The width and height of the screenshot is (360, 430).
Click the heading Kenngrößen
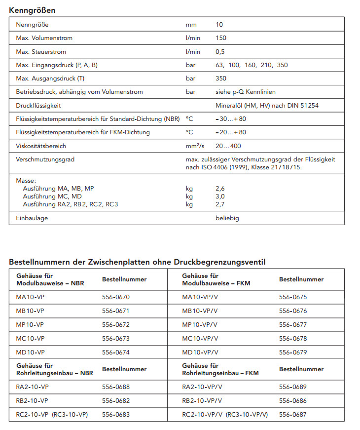(x=32, y=10)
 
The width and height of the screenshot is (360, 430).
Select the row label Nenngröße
(x=33, y=25)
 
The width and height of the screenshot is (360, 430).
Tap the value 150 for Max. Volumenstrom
(x=222, y=38)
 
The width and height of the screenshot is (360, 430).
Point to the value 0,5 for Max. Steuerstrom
(x=221, y=52)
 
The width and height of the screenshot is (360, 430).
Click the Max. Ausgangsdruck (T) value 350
(x=222, y=78)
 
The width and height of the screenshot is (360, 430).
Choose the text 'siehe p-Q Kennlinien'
(x=246, y=92)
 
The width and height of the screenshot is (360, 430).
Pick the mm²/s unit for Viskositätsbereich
(x=195, y=146)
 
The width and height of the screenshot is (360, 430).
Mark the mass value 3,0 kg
(x=220, y=196)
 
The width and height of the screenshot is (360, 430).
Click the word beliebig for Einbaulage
(x=227, y=218)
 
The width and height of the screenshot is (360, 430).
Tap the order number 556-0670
(x=116, y=297)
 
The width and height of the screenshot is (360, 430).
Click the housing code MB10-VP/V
(x=200, y=311)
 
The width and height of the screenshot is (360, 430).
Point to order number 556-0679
(x=293, y=352)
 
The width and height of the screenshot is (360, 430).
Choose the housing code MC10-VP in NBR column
(x=31, y=339)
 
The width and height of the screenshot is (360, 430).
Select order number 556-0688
(x=116, y=387)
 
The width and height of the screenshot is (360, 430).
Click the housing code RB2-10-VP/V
(x=202, y=401)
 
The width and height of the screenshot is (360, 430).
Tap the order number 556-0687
(x=293, y=415)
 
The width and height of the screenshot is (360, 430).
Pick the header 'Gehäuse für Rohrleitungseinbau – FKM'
(x=216, y=369)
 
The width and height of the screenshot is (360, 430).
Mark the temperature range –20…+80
(x=231, y=132)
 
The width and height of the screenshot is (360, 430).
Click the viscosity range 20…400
(x=228, y=146)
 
